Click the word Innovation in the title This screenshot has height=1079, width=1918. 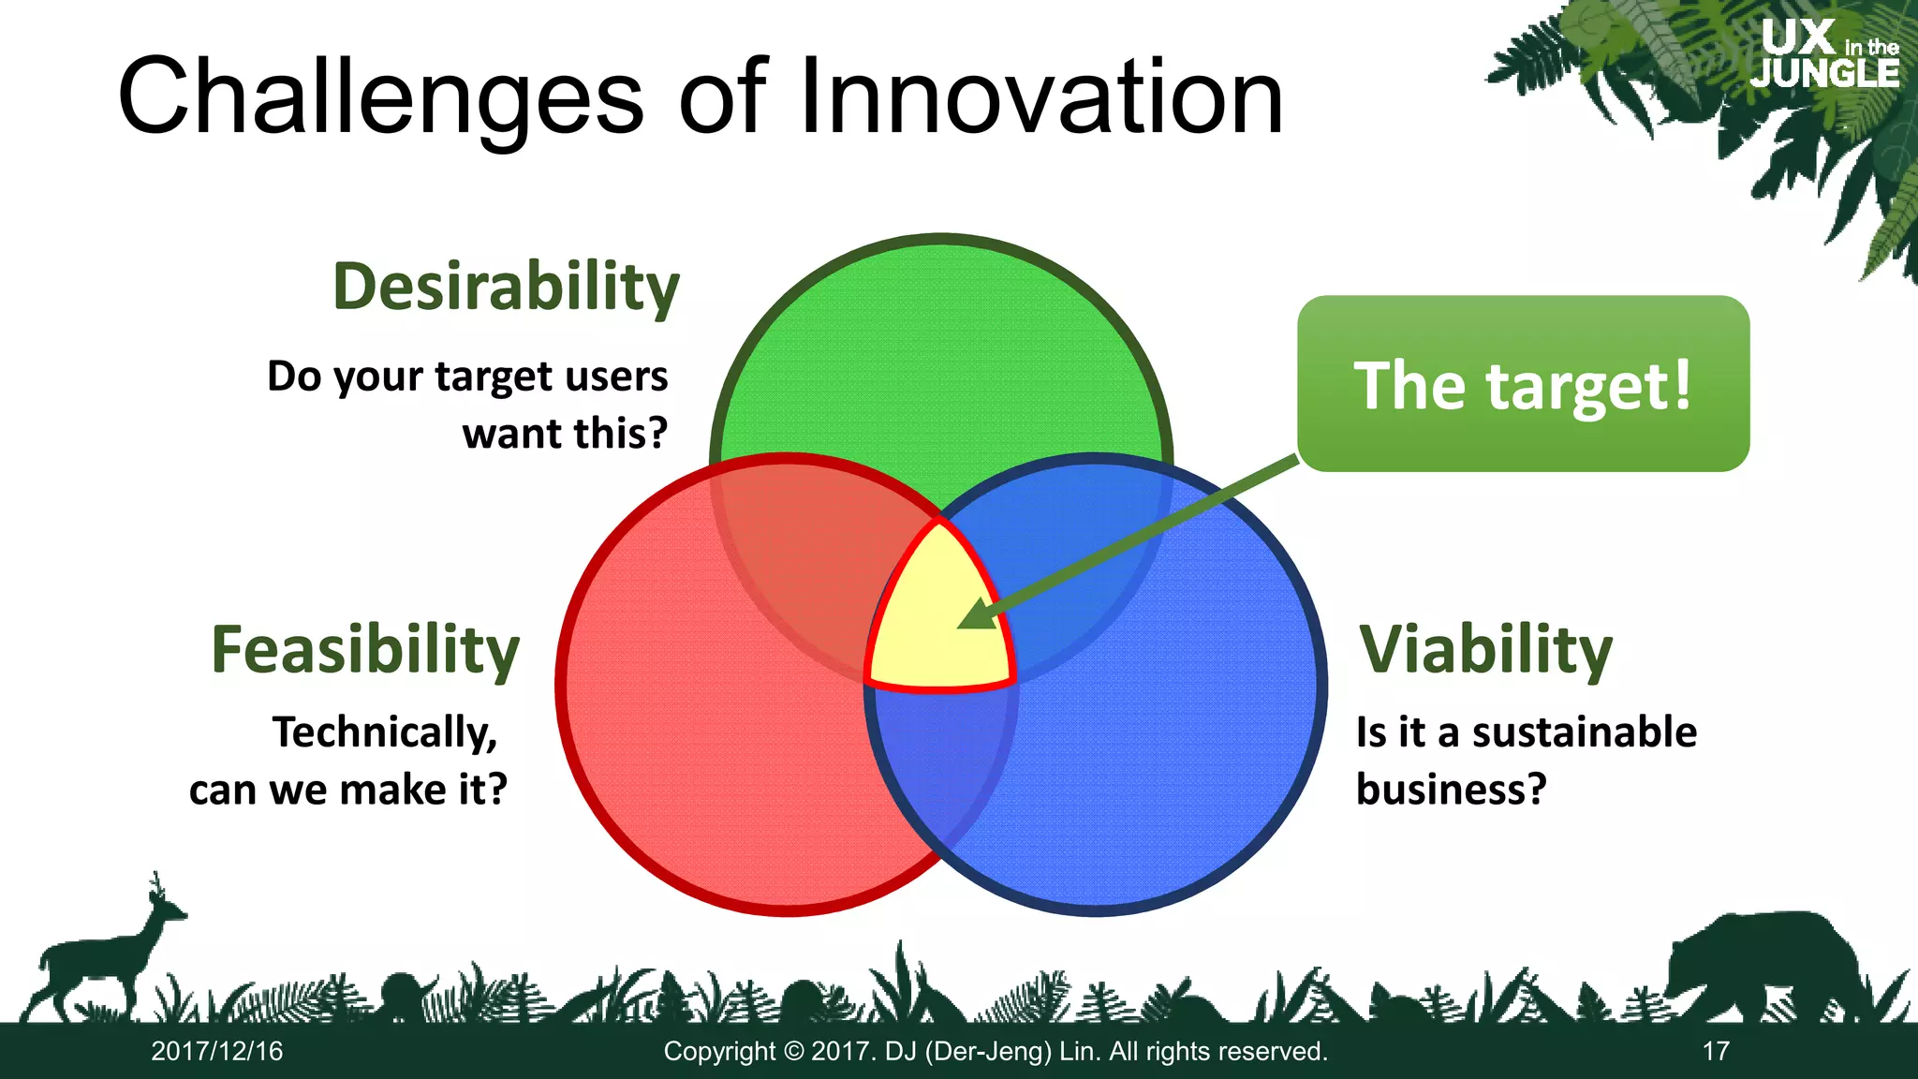click(1040, 97)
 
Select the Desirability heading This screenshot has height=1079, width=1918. click(506, 287)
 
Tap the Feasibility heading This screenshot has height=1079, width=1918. click(365, 649)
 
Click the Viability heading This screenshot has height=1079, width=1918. click(1485, 649)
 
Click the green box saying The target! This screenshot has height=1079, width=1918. click(1523, 384)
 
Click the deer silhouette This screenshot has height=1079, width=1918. click(103, 955)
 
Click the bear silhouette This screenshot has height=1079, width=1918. click(1761, 965)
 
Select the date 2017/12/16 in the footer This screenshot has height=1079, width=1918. click(217, 1051)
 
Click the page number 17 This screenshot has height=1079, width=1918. click(1715, 1051)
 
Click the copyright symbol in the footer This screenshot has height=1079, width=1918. click(793, 1051)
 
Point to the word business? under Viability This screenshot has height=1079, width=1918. click(1451, 789)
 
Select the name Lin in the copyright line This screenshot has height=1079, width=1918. click(1080, 1051)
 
